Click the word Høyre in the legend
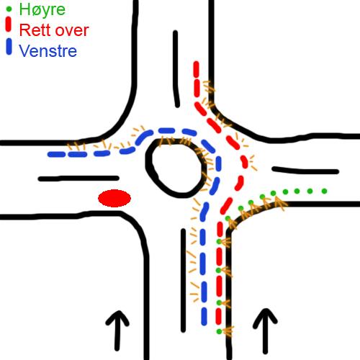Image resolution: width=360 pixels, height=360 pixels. click(x=42, y=10)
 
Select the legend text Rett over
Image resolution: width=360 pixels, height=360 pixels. click(x=54, y=30)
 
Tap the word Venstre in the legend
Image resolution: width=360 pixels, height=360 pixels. click(x=48, y=51)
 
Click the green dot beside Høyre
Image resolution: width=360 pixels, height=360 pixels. click(x=9, y=9)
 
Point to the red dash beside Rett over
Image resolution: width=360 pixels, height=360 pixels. click(x=9, y=24)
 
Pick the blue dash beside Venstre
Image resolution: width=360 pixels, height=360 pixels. click(x=9, y=47)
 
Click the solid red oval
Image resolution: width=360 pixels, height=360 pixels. click(x=114, y=198)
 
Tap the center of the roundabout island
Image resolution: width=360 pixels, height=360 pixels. click(x=176, y=168)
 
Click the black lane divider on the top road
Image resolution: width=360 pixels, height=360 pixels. click(x=176, y=69)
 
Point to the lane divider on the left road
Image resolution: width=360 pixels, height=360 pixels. click(x=78, y=179)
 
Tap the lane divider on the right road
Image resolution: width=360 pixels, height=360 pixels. click(x=305, y=171)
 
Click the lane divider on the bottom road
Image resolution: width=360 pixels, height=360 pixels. click(x=183, y=280)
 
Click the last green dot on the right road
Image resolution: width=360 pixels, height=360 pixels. click(x=324, y=191)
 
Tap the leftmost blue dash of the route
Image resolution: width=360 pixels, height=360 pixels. click(x=57, y=154)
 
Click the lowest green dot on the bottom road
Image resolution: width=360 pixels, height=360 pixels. click(x=219, y=331)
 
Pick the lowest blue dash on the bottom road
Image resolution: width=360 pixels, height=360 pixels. click(x=204, y=317)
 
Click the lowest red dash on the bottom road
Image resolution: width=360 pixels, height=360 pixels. click(x=218, y=316)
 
